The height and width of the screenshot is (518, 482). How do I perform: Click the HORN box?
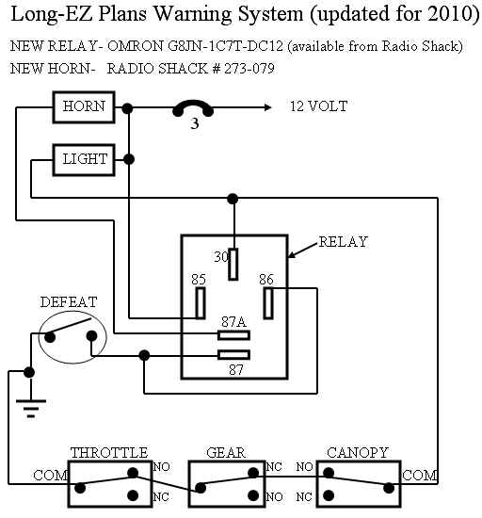pyautogui.click(x=84, y=107)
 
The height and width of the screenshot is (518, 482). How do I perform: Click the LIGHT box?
pyautogui.click(x=84, y=160)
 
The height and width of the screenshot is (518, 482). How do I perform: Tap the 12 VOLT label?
pyautogui.click(x=318, y=106)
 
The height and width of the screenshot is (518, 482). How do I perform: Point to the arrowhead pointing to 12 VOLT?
pyautogui.click(x=267, y=107)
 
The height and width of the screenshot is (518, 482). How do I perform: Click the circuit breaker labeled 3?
pyautogui.click(x=193, y=107)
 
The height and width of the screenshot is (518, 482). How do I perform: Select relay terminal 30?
pyautogui.click(x=233, y=265)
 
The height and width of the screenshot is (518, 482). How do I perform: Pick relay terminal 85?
pyautogui.click(x=201, y=303)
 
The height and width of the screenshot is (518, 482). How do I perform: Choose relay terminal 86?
pyautogui.click(x=268, y=303)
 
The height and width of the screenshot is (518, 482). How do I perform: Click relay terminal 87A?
pyautogui.click(x=233, y=335)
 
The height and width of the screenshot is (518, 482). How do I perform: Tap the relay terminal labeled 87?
pyautogui.click(x=233, y=355)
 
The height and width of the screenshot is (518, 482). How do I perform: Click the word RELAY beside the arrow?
pyautogui.click(x=344, y=242)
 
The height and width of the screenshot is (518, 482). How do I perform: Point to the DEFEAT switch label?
pyautogui.click(x=69, y=302)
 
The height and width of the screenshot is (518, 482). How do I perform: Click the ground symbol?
pyautogui.click(x=31, y=408)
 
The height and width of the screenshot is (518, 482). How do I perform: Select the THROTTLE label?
pyautogui.click(x=109, y=453)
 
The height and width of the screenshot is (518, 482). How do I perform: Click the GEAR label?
pyautogui.click(x=226, y=453)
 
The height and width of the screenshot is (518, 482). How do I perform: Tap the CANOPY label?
pyautogui.click(x=358, y=453)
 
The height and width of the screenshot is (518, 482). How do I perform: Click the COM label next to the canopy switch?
pyautogui.click(x=420, y=476)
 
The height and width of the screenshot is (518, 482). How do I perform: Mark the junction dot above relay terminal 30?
pyautogui.click(x=233, y=199)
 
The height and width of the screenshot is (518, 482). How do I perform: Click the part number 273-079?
pyautogui.click(x=249, y=69)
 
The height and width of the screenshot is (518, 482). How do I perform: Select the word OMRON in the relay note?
pyautogui.click(x=136, y=46)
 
